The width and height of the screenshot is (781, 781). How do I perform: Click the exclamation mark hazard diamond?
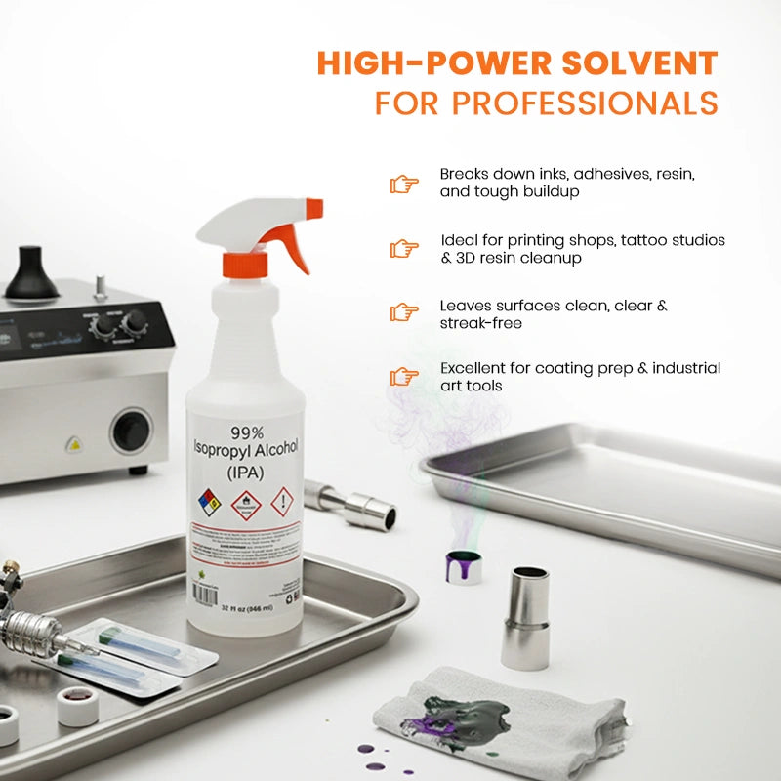pos(282,502)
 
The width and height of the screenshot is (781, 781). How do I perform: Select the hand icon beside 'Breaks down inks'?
pos(403,183)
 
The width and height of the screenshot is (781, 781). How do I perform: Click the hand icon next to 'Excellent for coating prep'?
pos(403,377)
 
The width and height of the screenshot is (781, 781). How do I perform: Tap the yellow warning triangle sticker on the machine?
pos(73,444)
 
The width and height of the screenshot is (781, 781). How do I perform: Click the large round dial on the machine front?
pos(129,430)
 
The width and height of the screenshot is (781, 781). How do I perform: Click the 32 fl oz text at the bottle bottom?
pos(244,607)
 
